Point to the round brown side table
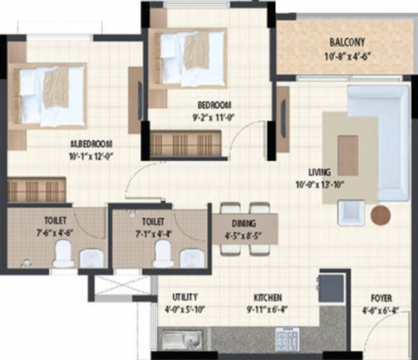(381, 214)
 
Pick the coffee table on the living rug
(348, 155)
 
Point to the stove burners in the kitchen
(289, 341)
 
